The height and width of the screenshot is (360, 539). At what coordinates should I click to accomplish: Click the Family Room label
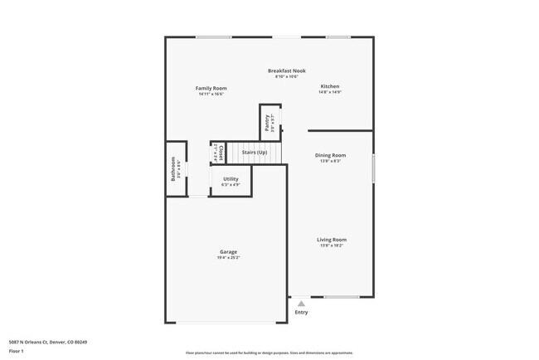point(211,88)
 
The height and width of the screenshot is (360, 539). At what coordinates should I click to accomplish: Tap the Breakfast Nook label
point(286,71)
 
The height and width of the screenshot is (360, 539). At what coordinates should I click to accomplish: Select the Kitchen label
point(330,86)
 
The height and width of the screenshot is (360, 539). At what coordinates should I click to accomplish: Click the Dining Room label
point(330,155)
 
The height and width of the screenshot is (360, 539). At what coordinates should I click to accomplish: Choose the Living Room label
point(332,240)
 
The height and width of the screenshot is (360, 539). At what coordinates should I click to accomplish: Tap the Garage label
point(228,251)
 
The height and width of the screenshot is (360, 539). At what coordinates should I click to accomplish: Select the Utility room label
point(231,178)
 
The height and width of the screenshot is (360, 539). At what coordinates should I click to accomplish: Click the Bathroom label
point(173,168)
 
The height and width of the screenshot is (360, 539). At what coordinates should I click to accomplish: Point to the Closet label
point(221,153)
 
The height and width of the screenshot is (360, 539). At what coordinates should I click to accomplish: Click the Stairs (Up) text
point(255,153)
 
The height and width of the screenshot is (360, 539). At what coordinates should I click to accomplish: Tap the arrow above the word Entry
point(301,304)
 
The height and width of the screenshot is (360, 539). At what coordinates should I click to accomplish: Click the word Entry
point(301,312)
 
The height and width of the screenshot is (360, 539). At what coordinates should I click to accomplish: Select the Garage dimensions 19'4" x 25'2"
point(228,258)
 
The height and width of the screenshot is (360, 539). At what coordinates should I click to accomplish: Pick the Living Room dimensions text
point(332,246)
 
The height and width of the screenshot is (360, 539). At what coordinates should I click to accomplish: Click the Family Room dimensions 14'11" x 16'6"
point(211,94)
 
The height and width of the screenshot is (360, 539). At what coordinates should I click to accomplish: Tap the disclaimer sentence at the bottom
point(269,352)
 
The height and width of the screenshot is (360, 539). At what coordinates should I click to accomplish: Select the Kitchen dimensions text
point(330,92)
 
